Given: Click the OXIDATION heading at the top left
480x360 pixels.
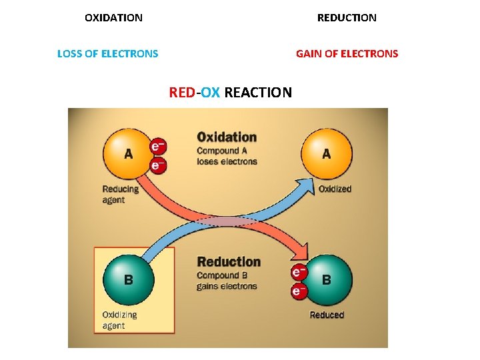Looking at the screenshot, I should tap(113, 18).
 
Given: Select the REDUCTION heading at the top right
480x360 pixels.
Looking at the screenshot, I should tap(347, 18).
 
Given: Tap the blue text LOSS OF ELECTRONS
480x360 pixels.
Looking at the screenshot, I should tap(108, 54).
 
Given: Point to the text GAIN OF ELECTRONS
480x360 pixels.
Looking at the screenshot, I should tap(347, 54).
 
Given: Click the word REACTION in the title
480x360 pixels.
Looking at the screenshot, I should tap(258, 92).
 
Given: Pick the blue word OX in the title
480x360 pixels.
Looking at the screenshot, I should tap(210, 92).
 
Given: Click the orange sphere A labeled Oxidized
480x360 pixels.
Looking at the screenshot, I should tap(327, 154).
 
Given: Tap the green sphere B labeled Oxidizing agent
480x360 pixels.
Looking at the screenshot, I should tap(128, 279).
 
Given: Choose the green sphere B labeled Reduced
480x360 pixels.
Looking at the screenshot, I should tap(327, 279).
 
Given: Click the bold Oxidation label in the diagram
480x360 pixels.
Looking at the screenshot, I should tap(227, 137).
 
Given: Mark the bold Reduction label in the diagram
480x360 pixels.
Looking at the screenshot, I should tap(229, 262).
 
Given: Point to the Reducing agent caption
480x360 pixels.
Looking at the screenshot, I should tap(121, 194).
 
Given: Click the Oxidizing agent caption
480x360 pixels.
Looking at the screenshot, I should tap(119, 320).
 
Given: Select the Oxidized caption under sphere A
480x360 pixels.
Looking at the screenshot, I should tap(335, 189).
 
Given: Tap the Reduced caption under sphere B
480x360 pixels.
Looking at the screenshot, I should tap(327, 315).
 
